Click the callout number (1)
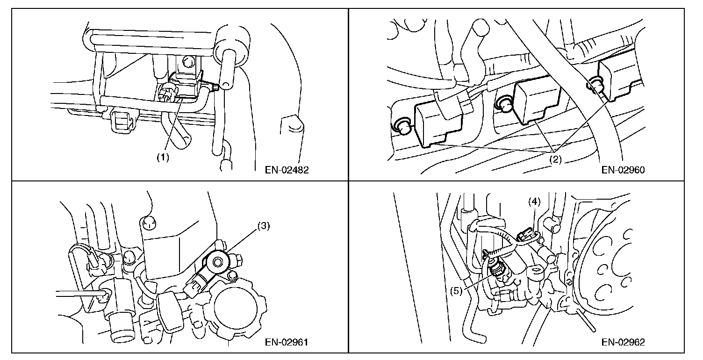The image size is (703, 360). pyautogui.click(x=163, y=157)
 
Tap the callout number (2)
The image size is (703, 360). pyautogui.click(x=555, y=159)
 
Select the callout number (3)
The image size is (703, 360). pyautogui.click(x=264, y=226)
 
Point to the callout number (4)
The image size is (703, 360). pyautogui.click(x=534, y=202)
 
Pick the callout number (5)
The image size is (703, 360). pyautogui.click(x=456, y=291)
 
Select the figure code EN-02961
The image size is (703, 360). pyautogui.click(x=287, y=342)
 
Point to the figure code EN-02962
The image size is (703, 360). pyautogui.click(x=623, y=342)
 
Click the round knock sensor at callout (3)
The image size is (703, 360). pyautogui.click(x=217, y=261)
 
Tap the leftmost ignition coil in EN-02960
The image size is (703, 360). pyautogui.click(x=438, y=126)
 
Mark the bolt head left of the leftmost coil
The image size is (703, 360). pyautogui.click(x=402, y=126)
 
